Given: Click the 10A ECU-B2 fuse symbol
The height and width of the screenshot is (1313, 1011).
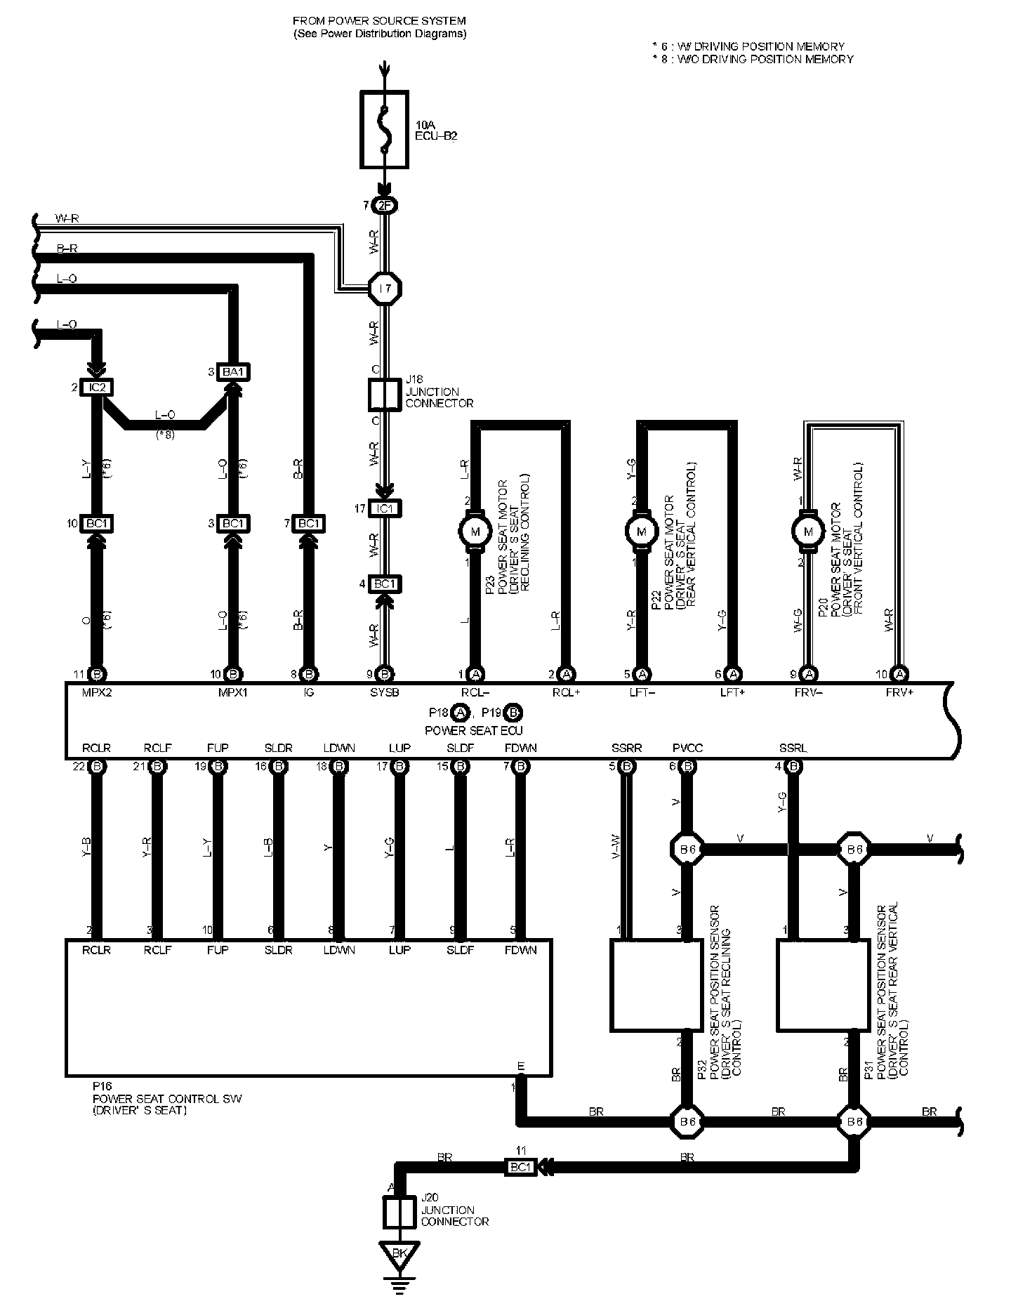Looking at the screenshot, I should (x=384, y=129).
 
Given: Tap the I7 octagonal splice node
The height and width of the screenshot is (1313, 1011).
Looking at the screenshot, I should (x=385, y=288).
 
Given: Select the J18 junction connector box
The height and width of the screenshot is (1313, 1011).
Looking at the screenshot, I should (x=384, y=395).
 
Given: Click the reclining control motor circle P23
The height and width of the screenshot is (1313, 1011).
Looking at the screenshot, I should (x=475, y=531).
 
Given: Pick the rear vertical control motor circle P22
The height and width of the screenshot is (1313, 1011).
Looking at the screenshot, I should (x=641, y=531).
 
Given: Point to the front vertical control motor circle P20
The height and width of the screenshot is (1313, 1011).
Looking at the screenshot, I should (x=808, y=531).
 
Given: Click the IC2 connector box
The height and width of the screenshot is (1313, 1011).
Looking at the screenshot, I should (x=98, y=388).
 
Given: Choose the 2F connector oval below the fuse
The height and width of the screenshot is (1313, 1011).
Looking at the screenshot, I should (x=385, y=206).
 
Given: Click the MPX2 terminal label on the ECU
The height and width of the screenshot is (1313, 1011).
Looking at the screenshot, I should (x=95, y=692).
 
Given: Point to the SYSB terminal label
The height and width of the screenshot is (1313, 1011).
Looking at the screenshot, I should (x=384, y=692).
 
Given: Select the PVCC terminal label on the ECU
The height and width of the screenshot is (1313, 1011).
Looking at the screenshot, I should (x=687, y=748).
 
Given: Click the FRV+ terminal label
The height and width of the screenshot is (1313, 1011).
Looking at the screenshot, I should (x=901, y=692).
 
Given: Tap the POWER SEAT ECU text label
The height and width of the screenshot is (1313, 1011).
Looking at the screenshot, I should (x=474, y=730).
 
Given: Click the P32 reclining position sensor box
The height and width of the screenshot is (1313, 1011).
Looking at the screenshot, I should (x=655, y=985).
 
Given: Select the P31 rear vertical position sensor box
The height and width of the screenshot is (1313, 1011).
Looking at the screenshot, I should (x=821, y=985).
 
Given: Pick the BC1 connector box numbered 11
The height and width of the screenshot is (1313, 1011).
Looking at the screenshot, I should (x=521, y=1167).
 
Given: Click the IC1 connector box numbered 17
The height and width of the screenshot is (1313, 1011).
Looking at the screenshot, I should (x=384, y=508).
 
